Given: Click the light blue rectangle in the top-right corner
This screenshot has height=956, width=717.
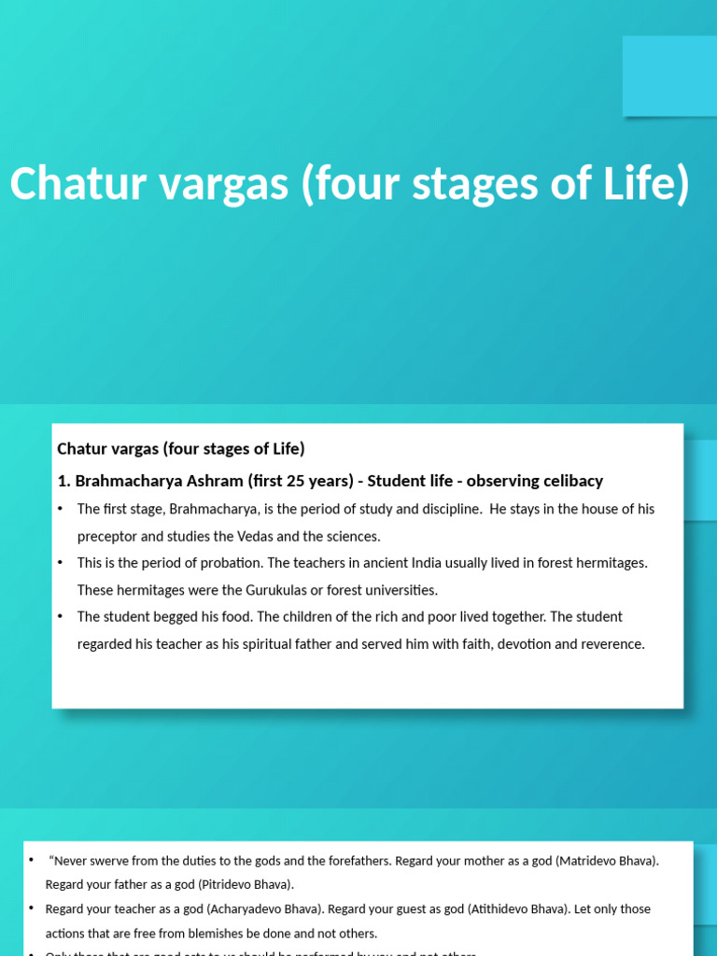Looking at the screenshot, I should point(669,76).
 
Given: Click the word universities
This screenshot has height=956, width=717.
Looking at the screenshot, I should point(399,590).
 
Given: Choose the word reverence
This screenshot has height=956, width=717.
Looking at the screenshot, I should point(611,644).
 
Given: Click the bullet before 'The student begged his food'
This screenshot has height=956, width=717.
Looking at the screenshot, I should point(61,617).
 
